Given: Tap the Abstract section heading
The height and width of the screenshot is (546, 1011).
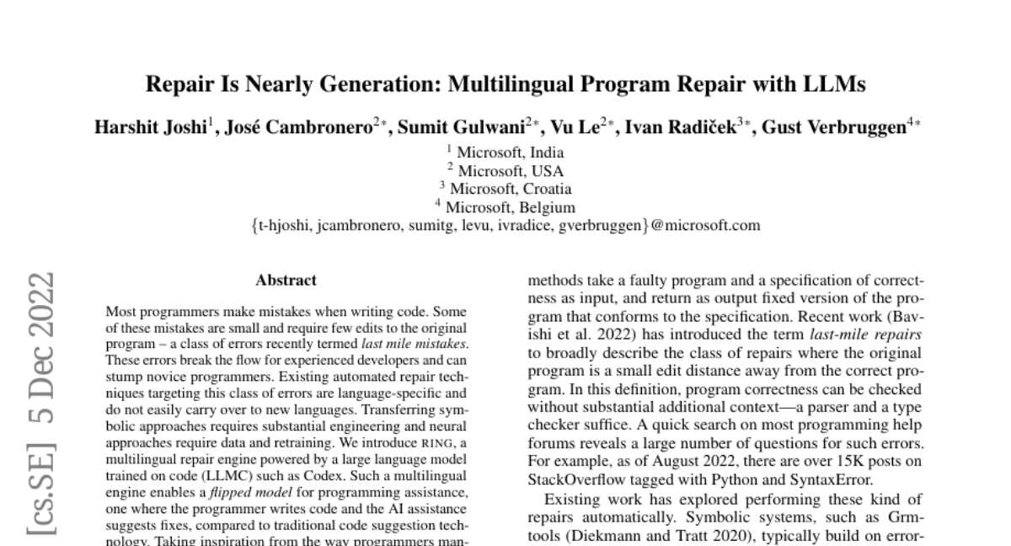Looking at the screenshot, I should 286,281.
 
